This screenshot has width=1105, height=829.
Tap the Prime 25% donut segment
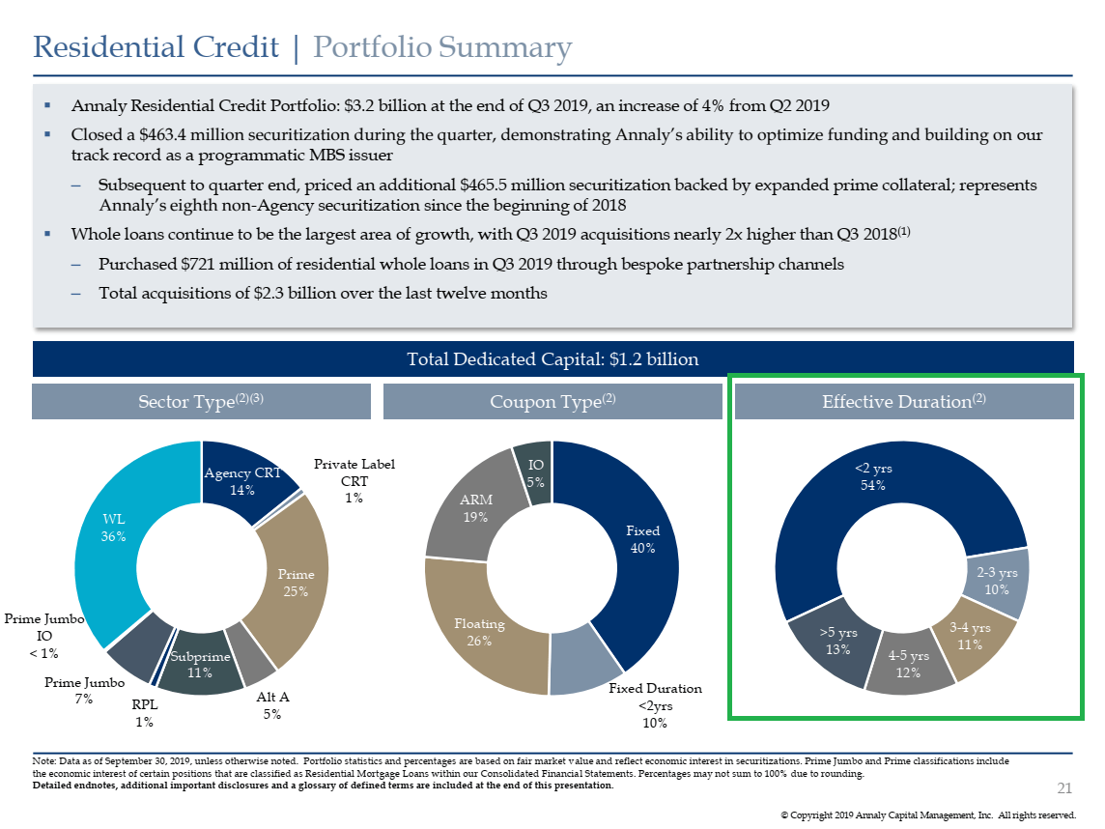click(296, 583)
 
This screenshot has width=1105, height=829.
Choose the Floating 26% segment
click(479, 632)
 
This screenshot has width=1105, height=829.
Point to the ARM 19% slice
click(475, 508)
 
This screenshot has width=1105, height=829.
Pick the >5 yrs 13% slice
click(837, 641)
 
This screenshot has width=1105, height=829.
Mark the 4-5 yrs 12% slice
click(908, 664)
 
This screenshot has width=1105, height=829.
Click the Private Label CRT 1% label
click(354, 481)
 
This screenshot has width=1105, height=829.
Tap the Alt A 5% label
click(272, 705)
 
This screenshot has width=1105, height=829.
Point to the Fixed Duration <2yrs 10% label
click(655, 705)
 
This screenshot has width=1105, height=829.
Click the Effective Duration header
click(904, 401)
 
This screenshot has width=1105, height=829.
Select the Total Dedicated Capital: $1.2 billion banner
click(553, 358)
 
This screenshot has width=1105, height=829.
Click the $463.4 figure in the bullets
click(162, 134)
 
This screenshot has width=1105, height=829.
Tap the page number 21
click(1064, 788)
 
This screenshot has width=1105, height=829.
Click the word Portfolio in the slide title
click(372, 47)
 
